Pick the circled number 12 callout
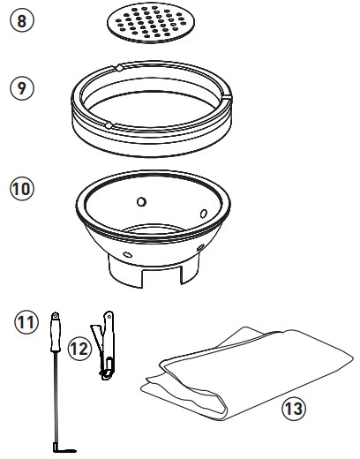pyautogui.click(x=79, y=350)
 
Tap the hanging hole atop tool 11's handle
pyautogui.click(x=55, y=315)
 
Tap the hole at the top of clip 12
pyautogui.click(x=109, y=316)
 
